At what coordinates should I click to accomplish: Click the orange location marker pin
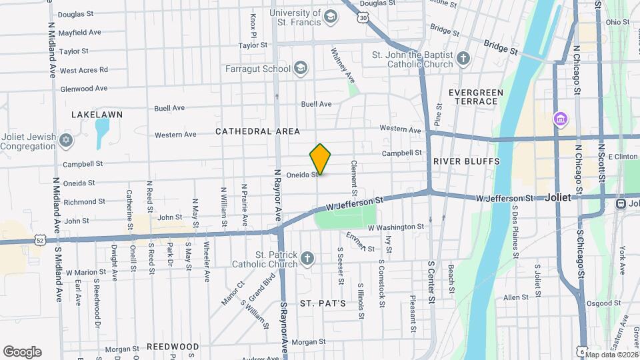point(321,159)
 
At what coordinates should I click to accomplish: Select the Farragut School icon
point(301,67)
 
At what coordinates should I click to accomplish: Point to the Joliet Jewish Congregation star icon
point(65,141)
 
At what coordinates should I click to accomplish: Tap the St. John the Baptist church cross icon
point(463,58)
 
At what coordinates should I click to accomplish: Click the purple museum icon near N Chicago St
point(561,120)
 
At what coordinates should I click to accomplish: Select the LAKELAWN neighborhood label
point(97,115)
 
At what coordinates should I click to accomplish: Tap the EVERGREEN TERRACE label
point(473,97)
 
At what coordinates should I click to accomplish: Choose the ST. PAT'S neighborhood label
point(323,303)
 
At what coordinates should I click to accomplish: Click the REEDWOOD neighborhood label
point(173,347)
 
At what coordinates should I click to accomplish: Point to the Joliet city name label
point(558,198)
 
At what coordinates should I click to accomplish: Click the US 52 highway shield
point(41,239)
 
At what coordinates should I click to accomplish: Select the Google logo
point(22,351)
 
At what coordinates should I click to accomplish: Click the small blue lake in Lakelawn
point(102,134)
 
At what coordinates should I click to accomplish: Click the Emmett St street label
point(360,242)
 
